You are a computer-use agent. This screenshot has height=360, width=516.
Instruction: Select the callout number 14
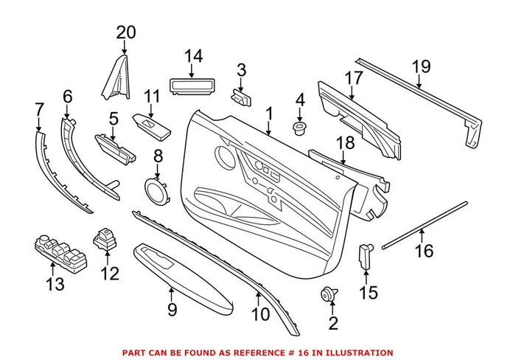(x=192, y=56)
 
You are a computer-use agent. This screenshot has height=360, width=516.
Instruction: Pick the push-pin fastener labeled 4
(x=300, y=130)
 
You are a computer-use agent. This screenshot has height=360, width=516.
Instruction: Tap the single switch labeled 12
(x=105, y=240)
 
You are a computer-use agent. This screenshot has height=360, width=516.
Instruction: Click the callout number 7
(x=40, y=110)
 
